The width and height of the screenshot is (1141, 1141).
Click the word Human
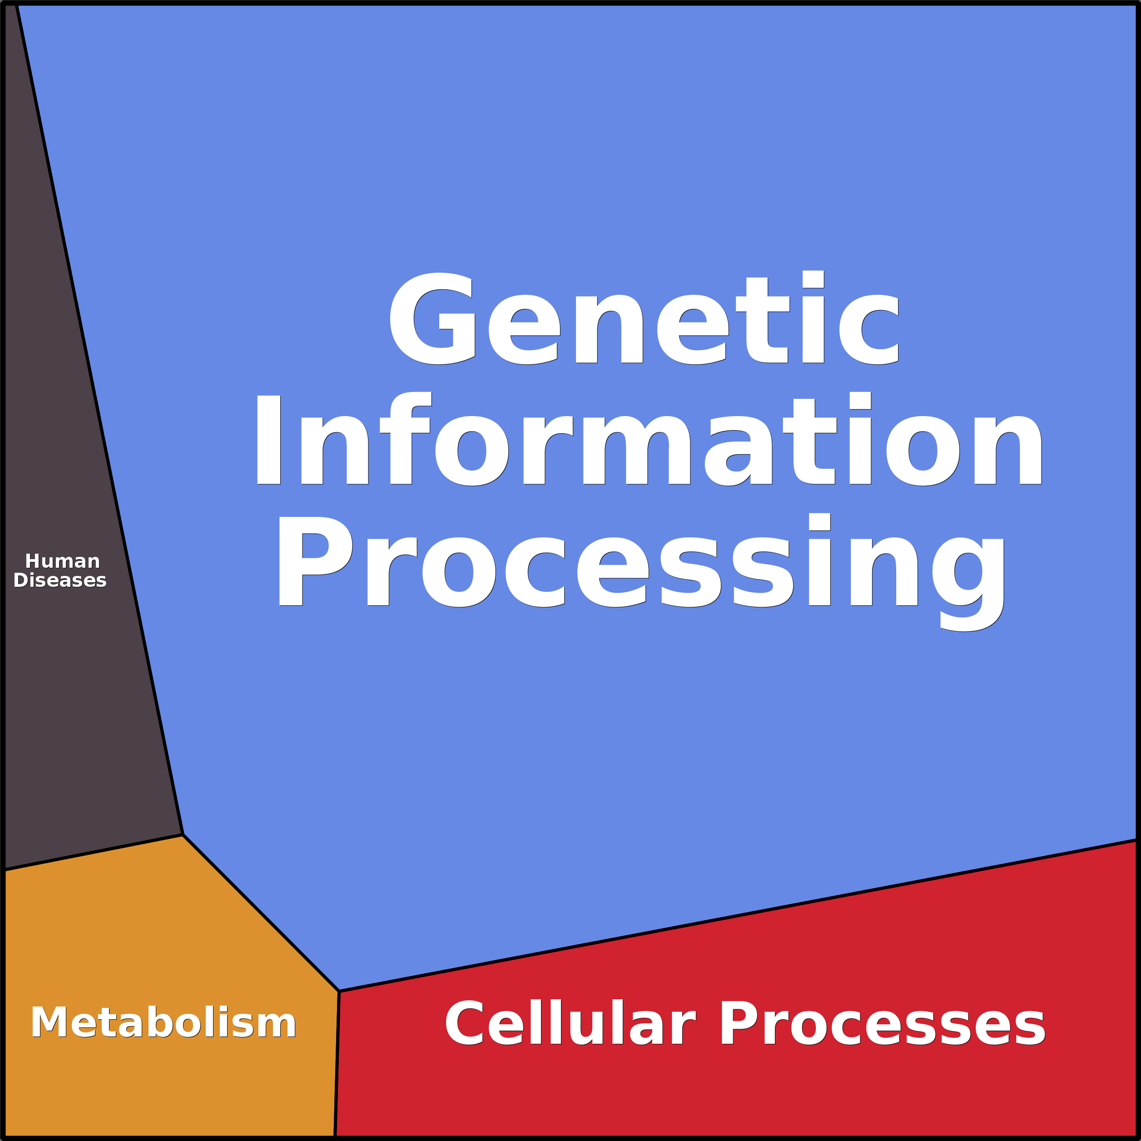click(x=63, y=561)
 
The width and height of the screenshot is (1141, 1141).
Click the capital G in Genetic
click(x=432, y=319)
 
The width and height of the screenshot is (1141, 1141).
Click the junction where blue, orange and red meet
click(x=339, y=991)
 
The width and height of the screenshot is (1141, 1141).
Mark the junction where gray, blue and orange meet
click(x=183, y=835)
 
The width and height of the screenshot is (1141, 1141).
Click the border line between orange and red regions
click(x=337, y=1063)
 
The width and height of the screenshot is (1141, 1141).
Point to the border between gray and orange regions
click(x=94, y=853)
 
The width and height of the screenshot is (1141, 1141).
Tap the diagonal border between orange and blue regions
click(x=260, y=913)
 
